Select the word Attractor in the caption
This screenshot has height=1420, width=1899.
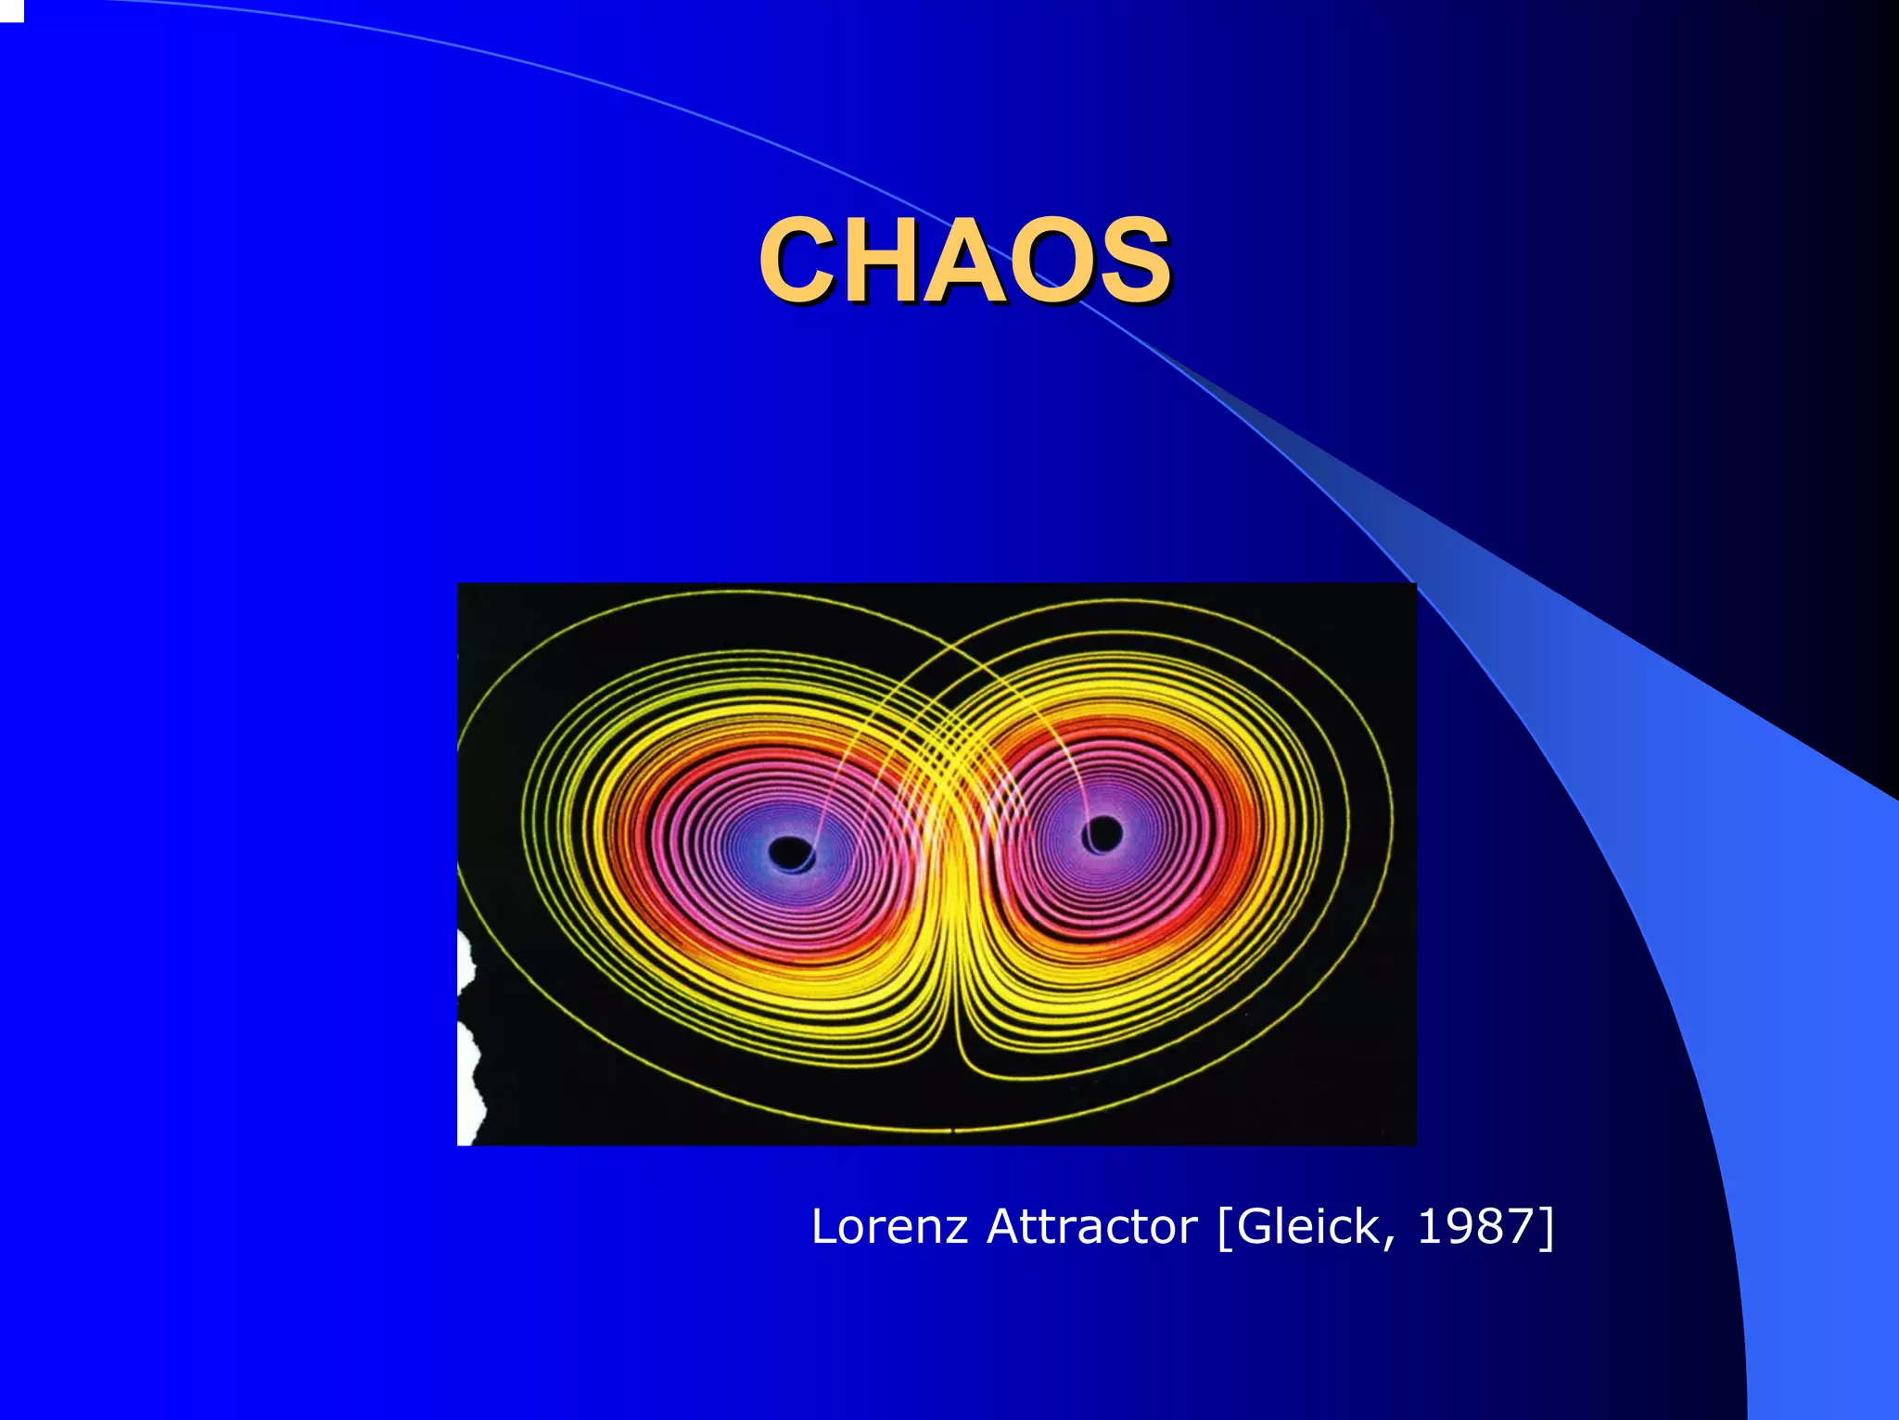tap(1091, 1226)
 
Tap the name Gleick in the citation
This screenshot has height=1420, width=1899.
tap(1307, 1226)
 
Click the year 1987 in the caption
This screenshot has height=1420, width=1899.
tap(1475, 1226)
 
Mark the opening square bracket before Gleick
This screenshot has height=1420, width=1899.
tap(1224, 1228)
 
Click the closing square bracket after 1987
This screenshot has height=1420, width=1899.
tap(1547, 1228)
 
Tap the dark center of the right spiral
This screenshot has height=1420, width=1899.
tap(1102, 833)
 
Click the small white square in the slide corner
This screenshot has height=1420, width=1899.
tap(11, 10)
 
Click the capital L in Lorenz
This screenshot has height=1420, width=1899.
tap(824, 1226)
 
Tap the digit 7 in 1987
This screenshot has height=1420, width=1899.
tap(1519, 1226)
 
